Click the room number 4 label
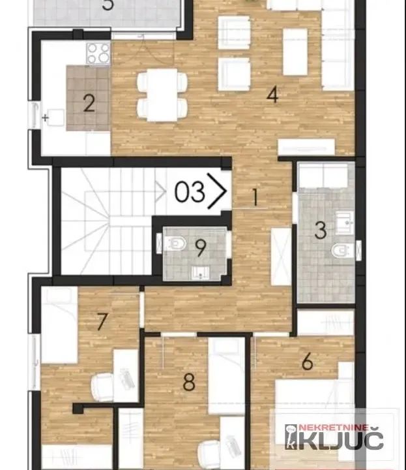[272, 95]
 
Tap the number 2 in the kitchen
[89, 103]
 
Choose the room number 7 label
[101, 321]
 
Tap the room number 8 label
[189, 382]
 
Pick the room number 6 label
[308, 360]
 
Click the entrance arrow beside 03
[218, 191]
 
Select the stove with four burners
[98, 53]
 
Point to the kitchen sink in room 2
[55, 118]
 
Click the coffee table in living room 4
[295, 51]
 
